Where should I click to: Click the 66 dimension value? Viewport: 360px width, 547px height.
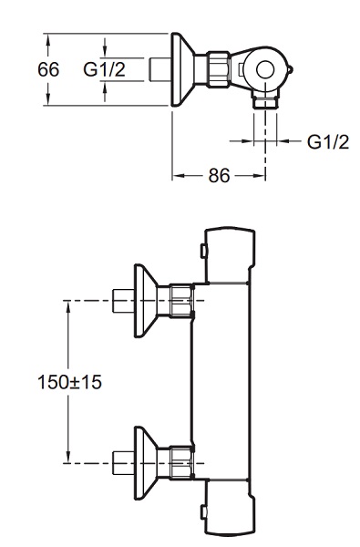click(x=48, y=69)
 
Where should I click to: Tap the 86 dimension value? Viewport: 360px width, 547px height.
click(x=220, y=175)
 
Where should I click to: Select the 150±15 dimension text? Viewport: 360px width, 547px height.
click(x=69, y=382)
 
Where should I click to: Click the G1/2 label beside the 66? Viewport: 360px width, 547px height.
click(x=104, y=69)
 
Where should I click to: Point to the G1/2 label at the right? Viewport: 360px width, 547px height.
click(x=328, y=142)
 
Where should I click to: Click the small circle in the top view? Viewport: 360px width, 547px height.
click(x=265, y=69)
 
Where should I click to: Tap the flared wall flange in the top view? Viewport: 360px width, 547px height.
click(x=182, y=69)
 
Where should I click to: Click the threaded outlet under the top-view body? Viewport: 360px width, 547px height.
click(x=266, y=103)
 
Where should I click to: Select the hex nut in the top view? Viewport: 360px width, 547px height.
click(x=219, y=69)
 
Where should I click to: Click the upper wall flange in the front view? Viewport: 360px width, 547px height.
click(x=146, y=301)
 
